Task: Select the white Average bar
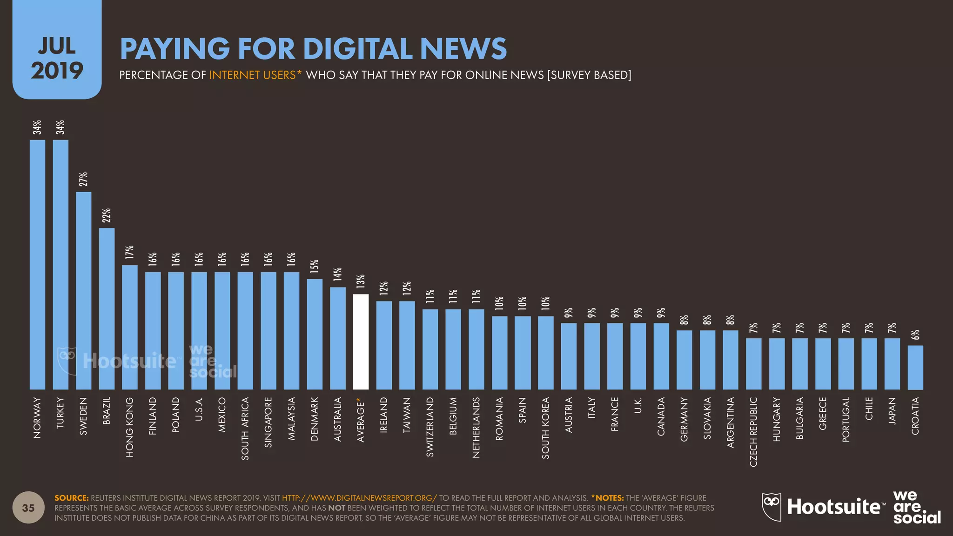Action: tap(361, 342)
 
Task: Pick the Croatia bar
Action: tap(915, 367)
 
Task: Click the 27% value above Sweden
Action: tap(83, 179)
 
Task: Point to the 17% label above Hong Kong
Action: tap(129, 252)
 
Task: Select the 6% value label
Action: tap(915, 335)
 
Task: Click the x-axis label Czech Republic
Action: tap(753, 431)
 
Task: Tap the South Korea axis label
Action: tap(545, 428)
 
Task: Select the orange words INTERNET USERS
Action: tap(252, 75)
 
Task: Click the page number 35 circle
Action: tap(28, 508)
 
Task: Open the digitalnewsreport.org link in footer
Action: tap(359, 498)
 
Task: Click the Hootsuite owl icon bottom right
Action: tap(771, 507)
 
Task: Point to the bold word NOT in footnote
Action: tap(336, 508)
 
